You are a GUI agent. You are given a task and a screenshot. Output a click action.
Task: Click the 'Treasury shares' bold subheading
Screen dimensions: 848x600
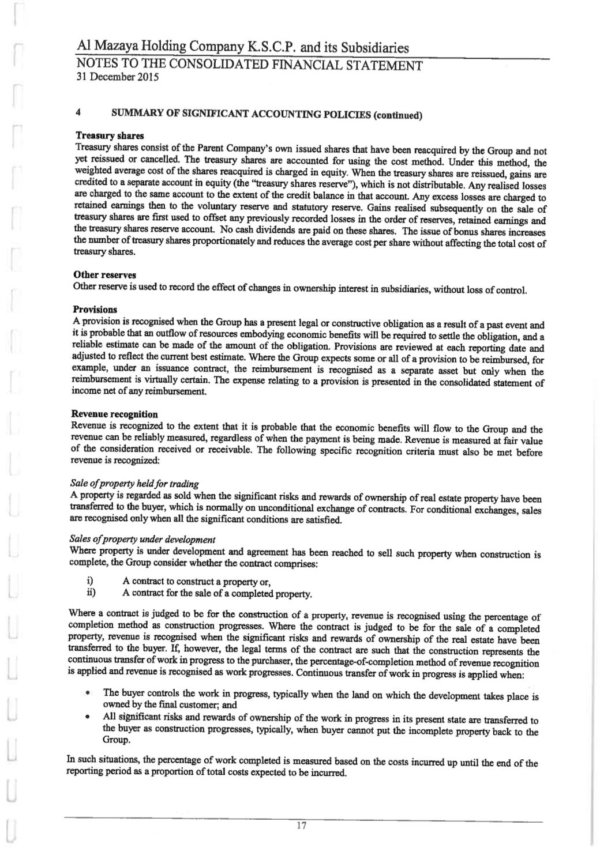coord(110,136)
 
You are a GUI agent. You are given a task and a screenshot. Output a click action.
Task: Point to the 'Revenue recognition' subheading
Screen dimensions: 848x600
coord(114,414)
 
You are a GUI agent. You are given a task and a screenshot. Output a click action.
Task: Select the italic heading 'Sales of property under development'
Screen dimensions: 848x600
coord(141,540)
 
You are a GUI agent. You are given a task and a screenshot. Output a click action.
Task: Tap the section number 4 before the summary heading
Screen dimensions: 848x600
coord(77,114)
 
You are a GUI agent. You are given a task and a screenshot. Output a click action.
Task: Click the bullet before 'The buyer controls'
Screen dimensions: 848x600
coord(87,692)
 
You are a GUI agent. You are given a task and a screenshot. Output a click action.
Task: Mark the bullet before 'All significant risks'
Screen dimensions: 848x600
coord(87,715)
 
